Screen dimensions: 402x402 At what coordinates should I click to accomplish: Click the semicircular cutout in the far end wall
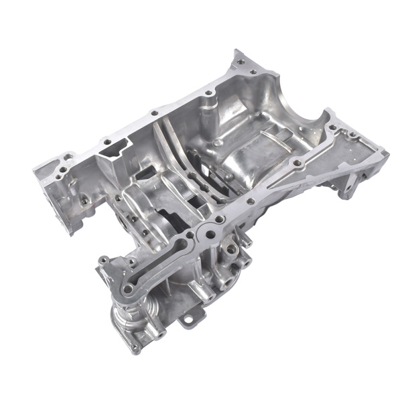[x=310, y=119]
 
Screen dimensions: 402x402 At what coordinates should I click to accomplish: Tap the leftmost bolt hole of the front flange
[x=103, y=259]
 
